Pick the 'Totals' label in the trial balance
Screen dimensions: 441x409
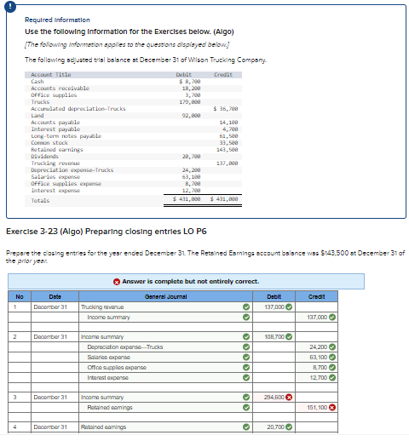click(x=40, y=200)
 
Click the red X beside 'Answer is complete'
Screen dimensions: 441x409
click(x=116, y=281)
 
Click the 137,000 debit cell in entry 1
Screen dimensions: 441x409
click(x=273, y=306)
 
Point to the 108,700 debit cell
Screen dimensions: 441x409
click(x=273, y=337)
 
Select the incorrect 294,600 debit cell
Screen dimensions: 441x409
click(x=273, y=397)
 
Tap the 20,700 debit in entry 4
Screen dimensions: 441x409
click(x=274, y=427)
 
